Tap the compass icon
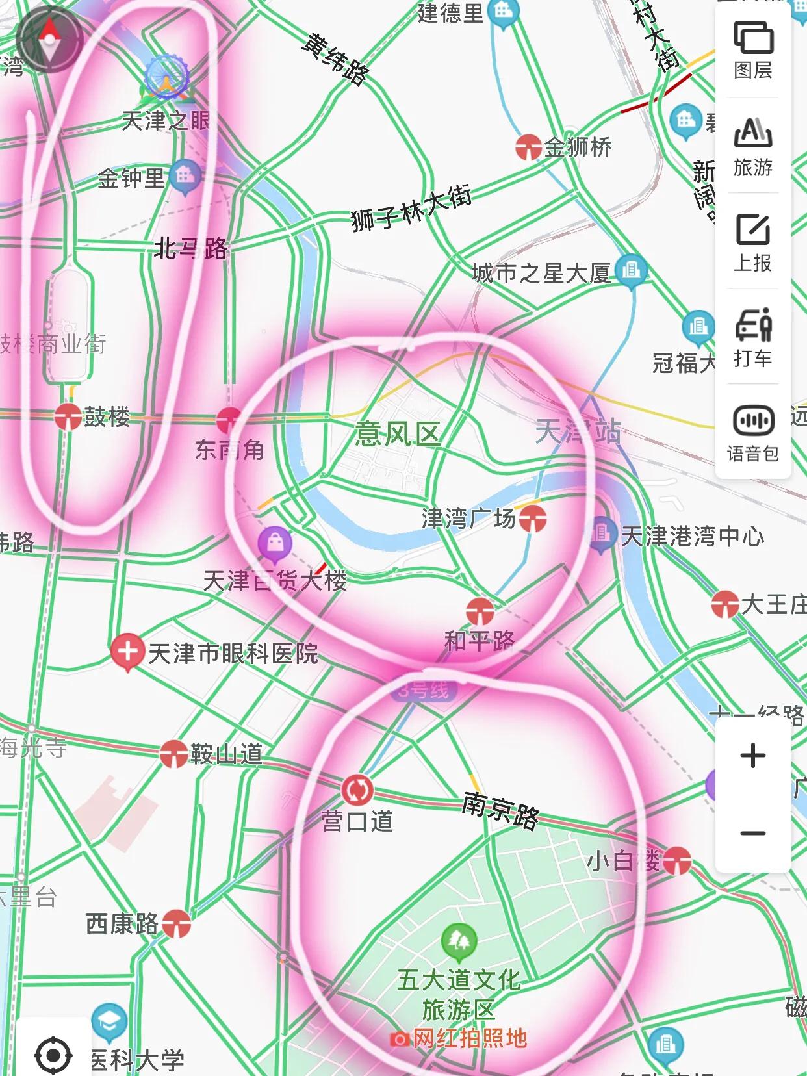(x=49, y=39)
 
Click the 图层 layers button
(x=753, y=49)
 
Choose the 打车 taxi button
(x=753, y=337)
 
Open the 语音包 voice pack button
(x=753, y=433)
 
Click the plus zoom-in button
(x=753, y=756)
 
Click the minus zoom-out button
(x=753, y=834)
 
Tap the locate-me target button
(x=53, y=1054)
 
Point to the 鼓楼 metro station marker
(x=68, y=416)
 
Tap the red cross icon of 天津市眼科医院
(x=127, y=651)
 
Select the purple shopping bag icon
(x=275, y=543)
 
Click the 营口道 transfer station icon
(x=357, y=789)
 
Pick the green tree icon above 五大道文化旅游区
(x=459, y=940)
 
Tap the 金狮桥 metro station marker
(x=529, y=147)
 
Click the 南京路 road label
(x=500, y=810)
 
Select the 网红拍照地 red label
(x=468, y=1039)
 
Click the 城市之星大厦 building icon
(x=630, y=270)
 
